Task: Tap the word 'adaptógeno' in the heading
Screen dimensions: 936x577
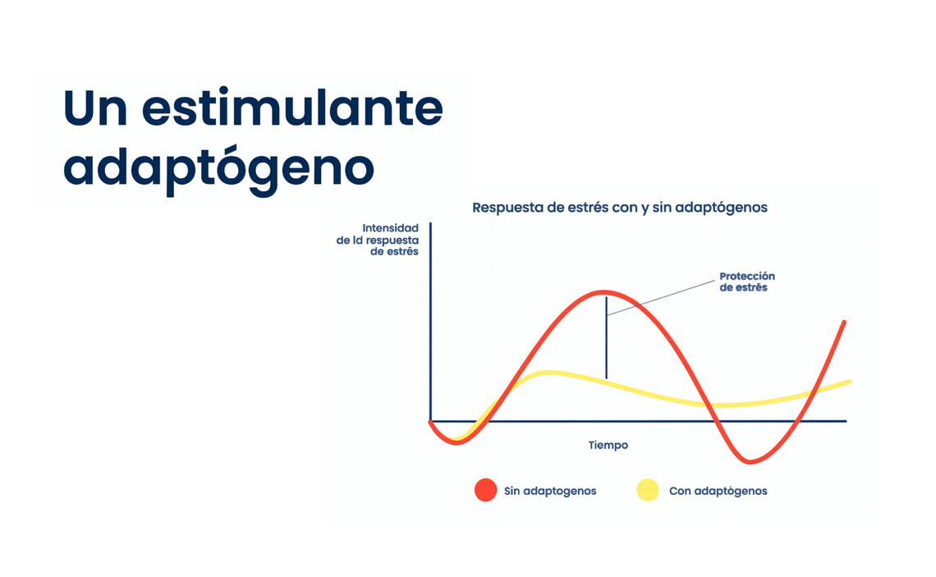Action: point(218,167)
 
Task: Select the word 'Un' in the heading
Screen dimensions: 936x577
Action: point(95,108)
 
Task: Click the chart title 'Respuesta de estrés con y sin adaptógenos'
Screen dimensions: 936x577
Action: point(620,208)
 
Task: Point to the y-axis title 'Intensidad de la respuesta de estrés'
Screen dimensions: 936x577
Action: point(377,240)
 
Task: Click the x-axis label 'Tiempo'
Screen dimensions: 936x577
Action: point(608,445)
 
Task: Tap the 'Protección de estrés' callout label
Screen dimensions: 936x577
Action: point(747,282)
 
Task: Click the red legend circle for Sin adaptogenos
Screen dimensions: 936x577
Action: point(485,491)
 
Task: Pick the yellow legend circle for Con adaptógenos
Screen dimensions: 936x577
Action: point(648,491)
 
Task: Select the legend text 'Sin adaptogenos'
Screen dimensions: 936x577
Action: point(550,491)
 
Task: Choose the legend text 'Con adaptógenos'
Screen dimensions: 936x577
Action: point(718,491)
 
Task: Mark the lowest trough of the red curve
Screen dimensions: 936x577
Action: point(749,461)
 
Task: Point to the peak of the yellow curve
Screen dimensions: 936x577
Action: point(547,373)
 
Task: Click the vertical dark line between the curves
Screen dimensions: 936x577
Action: point(607,337)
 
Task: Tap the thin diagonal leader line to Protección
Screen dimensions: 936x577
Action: point(661,298)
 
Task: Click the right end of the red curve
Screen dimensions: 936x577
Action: point(844,323)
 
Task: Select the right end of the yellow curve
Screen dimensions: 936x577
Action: point(850,382)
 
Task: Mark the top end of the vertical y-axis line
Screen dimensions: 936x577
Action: point(430,223)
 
